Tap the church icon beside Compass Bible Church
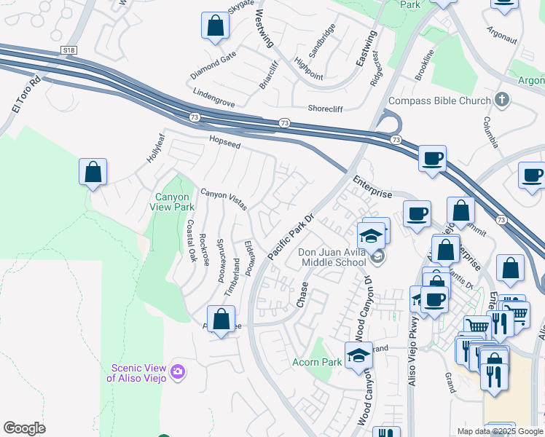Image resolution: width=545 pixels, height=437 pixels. tap(501, 99)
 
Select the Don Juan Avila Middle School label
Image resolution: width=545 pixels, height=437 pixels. tap(332, 258)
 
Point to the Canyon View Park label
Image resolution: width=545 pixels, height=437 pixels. tap(173, 202)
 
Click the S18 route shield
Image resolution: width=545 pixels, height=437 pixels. tap(68, 50)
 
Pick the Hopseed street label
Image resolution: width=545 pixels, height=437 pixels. tap(224, 144)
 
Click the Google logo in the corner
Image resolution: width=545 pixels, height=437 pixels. tap(24, 428)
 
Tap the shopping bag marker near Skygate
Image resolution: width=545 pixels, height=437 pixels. tap(215, 26)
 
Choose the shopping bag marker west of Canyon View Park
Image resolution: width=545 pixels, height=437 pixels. tap(93, 173)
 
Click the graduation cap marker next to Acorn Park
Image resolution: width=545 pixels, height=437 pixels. tap(358, 355)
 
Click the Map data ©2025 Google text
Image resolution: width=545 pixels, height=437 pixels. tap(500, 431)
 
